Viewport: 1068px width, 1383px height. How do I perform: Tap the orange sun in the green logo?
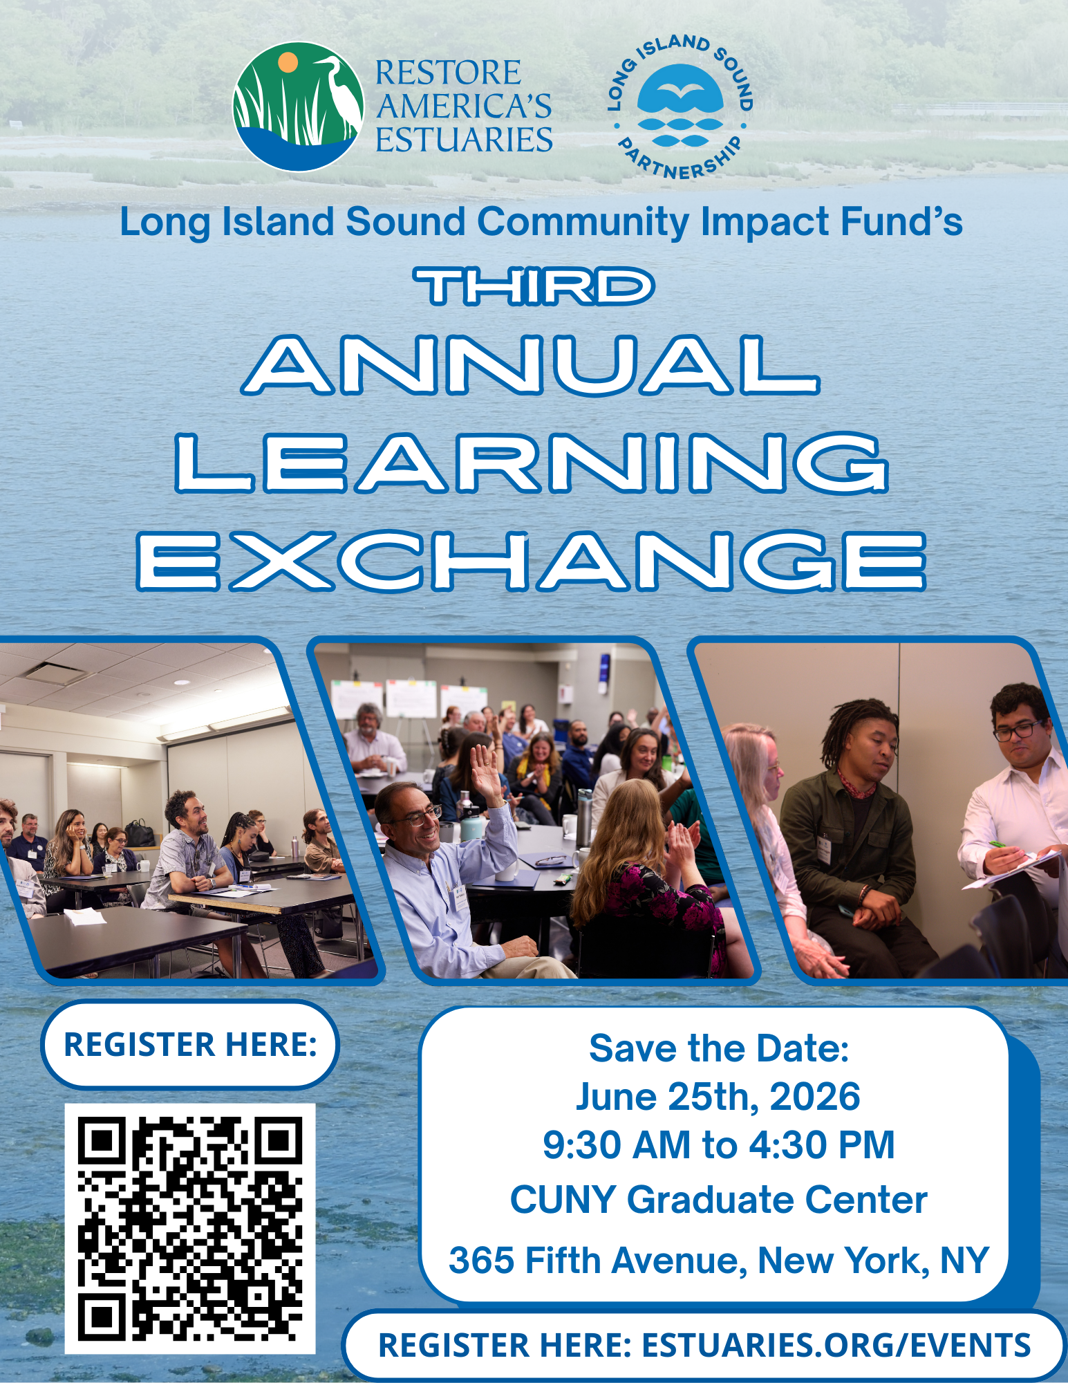click(x=288, y=62)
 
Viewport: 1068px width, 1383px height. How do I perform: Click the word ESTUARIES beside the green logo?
click(x=464, y=140)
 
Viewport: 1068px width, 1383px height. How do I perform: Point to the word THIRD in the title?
click(x=534, y=287)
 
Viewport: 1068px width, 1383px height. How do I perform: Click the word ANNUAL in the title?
click(x=530, y=365)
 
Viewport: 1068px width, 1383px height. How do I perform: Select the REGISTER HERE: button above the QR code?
click(x=190, y=1045)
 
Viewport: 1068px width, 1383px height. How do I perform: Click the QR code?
click(x=190, y=1229)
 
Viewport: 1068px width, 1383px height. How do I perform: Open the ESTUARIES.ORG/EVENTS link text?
click(x=836, y=1346)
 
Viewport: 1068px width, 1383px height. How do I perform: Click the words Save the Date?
click(x=719, y=1048)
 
